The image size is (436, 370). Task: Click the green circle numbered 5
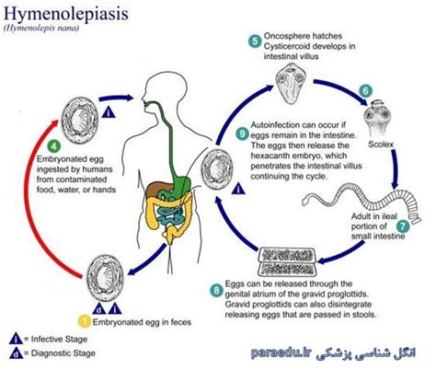254,40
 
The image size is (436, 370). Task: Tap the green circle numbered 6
365,91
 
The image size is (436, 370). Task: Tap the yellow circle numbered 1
84,320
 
